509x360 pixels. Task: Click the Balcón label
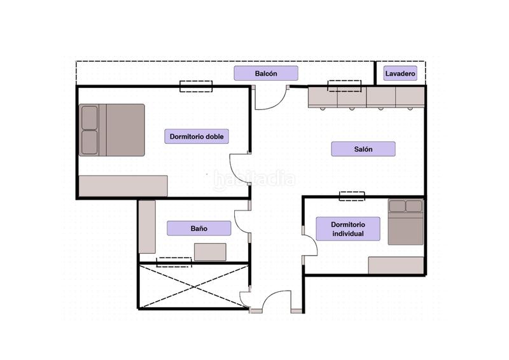point(266,73)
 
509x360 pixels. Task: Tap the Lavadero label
point(400,73)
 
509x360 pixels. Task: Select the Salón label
point(363,149)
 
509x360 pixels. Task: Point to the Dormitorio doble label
point(197,136)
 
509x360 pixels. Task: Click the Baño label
point(199,228)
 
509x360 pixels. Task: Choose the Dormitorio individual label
point(348,229)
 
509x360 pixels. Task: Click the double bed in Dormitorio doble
point(112,130)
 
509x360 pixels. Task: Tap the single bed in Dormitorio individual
point(406,222)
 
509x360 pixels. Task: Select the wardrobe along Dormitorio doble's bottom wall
point(123,186)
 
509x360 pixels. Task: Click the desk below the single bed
point(396,265)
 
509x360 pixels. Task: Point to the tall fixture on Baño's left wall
point(147,226)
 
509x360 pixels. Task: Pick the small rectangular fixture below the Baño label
point(211,252)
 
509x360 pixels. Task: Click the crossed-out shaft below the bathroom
point(194,286)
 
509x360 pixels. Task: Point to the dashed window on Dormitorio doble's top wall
point(196,87)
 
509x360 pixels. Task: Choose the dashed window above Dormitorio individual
point(352,196)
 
